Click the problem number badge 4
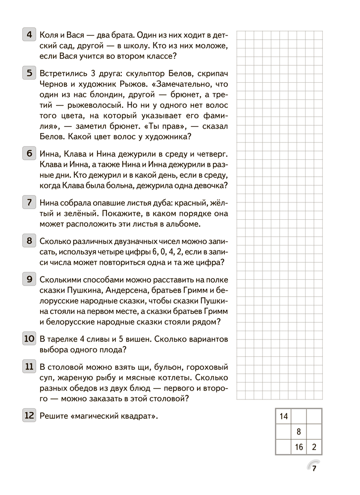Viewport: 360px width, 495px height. [x=29, y=35]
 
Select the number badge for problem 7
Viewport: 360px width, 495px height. [x=29, y=202]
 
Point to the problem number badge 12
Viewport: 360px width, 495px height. [x=29, y=416]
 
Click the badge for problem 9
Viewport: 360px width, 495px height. [x=29, y=279]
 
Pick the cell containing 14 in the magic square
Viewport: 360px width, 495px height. [x=284, y=416]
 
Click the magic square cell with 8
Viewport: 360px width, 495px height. [x=299, y=432]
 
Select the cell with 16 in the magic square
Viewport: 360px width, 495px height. [x=299, y=447]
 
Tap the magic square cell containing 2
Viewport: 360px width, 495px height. [x=314, y=447]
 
